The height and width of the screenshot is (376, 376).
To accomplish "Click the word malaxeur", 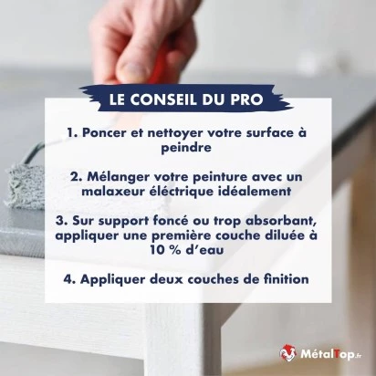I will click(112, 191).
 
